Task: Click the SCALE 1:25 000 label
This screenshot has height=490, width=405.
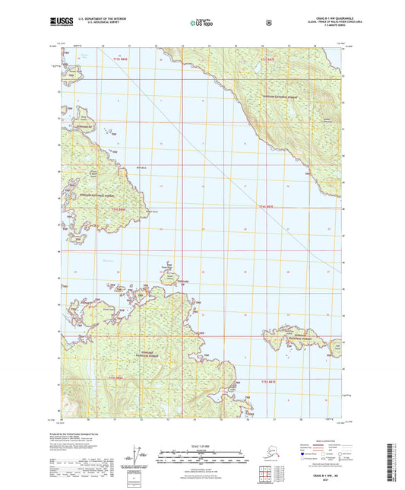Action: (202, 446)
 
